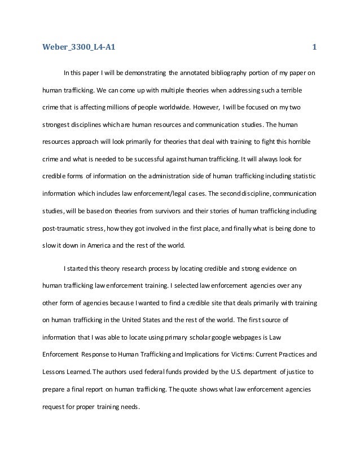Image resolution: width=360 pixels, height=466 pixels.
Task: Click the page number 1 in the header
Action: (315, 47)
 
